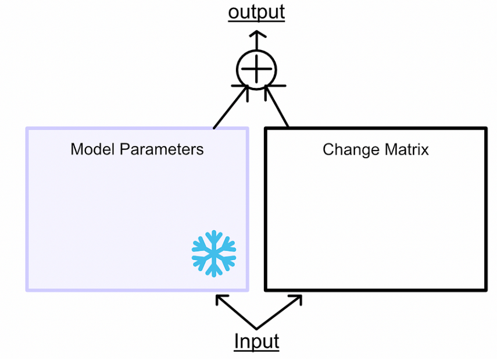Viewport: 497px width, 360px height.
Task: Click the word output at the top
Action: (x=256, y=11)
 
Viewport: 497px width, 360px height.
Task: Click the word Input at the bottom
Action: (x=256, y=341)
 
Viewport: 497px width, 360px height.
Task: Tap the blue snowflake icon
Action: (x=214, y=252)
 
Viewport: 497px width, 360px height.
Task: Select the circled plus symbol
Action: (x=256, y=70)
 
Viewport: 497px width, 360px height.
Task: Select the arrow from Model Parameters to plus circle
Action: (x=230, y=108)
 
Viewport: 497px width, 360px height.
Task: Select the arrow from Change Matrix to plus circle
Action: (x=277, y=108)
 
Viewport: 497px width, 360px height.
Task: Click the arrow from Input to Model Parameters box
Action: (x=235, y=312)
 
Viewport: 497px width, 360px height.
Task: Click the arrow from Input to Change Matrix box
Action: (x=279, y=312)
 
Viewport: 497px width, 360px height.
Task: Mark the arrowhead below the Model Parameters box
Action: (x=220, y=299)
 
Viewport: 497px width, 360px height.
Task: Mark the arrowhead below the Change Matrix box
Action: (x=296, y=299)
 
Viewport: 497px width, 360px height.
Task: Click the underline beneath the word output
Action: (x=256, y=20)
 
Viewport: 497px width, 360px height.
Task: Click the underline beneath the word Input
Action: (x=256, y=350)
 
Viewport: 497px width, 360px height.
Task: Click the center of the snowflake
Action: (x=214, y=253)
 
